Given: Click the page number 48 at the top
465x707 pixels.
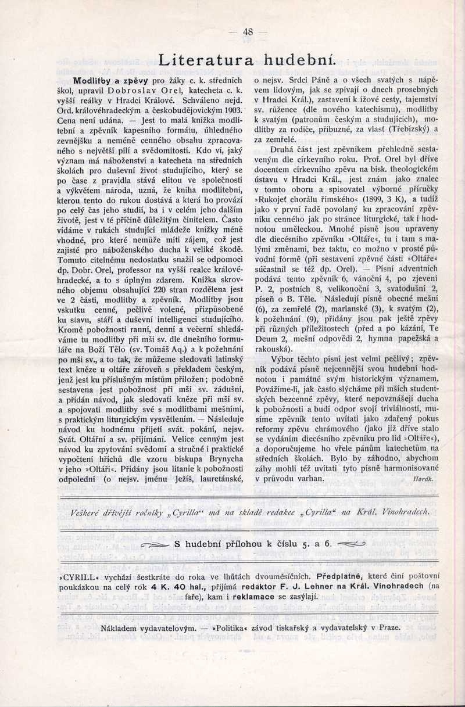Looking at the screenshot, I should point(248,32).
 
